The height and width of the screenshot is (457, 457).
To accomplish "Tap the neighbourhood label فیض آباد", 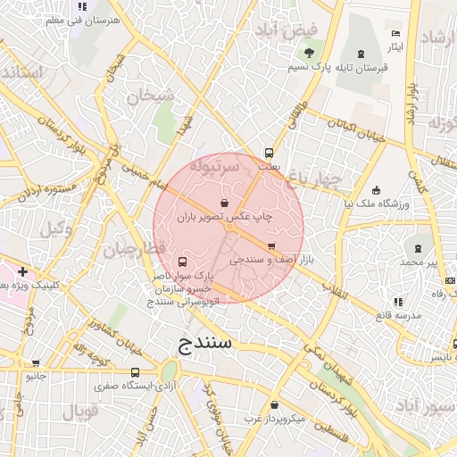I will click(x=287, y=31).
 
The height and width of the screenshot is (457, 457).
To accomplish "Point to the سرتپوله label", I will click(x=214, y=165).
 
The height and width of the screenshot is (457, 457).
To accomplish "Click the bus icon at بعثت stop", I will click(x=269, y=153).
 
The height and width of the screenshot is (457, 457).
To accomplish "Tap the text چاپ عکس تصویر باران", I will click(x=224, y=217).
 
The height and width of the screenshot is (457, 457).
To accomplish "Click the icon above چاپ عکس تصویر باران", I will click(x=223, y=203).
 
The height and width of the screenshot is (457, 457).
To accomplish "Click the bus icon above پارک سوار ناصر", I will click(x=183, y=262).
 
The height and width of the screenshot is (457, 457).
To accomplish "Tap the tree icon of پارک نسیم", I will click(x=309, y=53).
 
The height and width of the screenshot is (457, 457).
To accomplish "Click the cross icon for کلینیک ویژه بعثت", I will click(x=22, y=270).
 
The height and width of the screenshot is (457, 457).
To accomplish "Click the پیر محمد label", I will click(x=419, y=262).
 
